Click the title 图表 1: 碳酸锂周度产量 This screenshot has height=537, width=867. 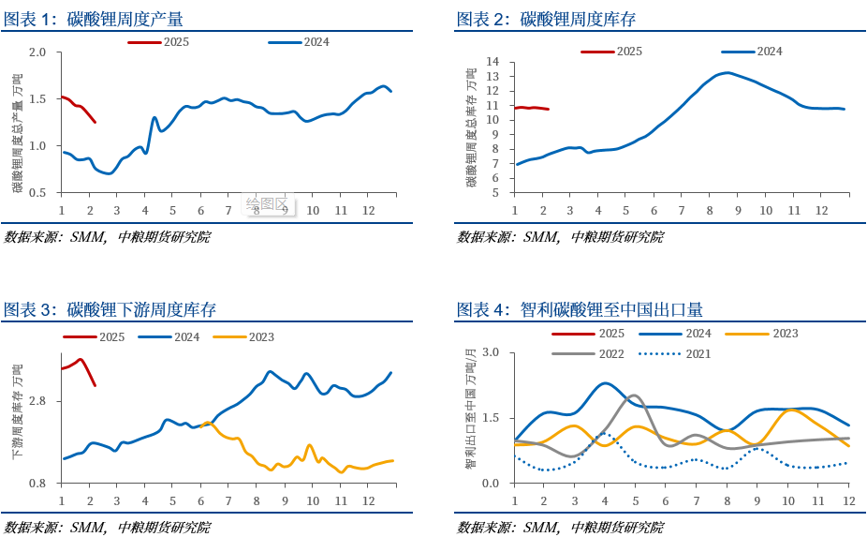point(94,19)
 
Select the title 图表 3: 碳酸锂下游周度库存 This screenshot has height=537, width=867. point(110,309)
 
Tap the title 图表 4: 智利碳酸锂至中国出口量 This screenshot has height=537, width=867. point(580,309)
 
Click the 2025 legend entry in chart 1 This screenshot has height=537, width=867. point(160,42)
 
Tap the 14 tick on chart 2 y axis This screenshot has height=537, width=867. point(492,62)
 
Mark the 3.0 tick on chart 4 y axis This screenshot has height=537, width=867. point(492,352)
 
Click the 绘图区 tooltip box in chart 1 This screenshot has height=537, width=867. point(270,203)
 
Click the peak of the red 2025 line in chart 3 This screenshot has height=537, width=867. point(81,359)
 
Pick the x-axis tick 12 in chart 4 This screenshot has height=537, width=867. point(848,500)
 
